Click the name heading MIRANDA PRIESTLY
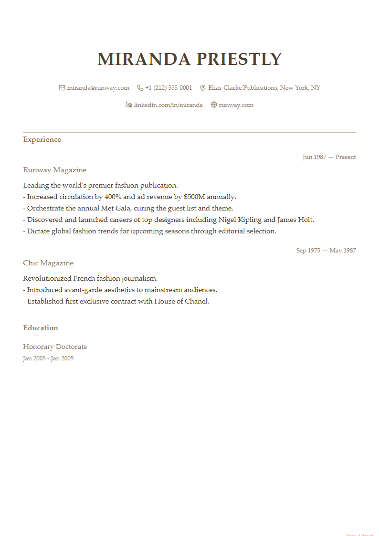[189, 59]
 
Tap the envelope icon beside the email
[62, 88]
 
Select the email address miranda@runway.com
[98, 88]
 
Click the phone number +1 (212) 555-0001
[168, 88]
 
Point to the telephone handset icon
[140, 88]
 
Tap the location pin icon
[202, 88]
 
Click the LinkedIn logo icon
[128, 105]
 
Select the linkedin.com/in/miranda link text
[168, 105]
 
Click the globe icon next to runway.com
[213, 105]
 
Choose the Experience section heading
[42, 139]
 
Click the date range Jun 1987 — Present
[329, 157]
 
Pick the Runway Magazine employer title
[54, 170]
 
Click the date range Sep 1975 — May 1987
[326, 251]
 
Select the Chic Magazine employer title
[48, 263]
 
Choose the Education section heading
[41, 328]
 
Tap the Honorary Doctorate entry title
[55, 347]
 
